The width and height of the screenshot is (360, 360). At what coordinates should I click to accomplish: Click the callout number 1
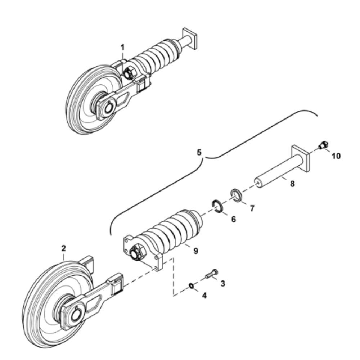pos(123,48)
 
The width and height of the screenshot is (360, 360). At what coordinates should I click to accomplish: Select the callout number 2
pos(64,248)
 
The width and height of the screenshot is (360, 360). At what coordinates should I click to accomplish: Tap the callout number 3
pos(222,284)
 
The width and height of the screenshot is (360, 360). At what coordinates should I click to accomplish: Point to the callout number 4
pos(204,296)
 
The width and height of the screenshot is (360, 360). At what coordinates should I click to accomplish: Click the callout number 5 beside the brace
pos(199,152)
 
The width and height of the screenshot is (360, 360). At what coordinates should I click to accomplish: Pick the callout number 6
pos(234,219)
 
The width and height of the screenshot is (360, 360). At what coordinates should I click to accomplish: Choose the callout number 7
pos(252,208)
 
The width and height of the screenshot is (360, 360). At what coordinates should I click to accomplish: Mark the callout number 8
pos(292,184)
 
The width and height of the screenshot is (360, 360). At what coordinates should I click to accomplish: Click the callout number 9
pos(195,251)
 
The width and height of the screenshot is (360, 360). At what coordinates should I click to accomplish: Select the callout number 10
pos(336,156)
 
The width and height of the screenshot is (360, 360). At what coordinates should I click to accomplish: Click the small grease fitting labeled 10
pos(323,145)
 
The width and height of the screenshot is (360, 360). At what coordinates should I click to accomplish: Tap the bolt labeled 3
pos(212,274)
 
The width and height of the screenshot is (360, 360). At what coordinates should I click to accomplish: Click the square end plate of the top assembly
pos(190,39)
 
